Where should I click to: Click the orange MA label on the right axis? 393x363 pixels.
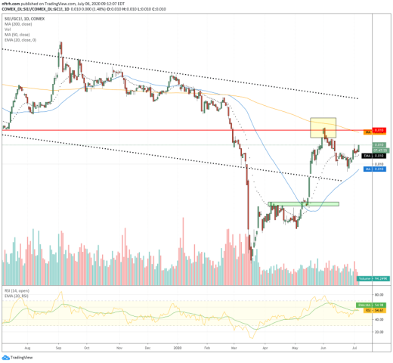click(369, 132)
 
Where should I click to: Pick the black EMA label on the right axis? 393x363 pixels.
click(368, 155)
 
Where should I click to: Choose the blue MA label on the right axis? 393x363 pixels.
click(368, 169)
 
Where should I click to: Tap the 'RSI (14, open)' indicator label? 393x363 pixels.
click(15, 291)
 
